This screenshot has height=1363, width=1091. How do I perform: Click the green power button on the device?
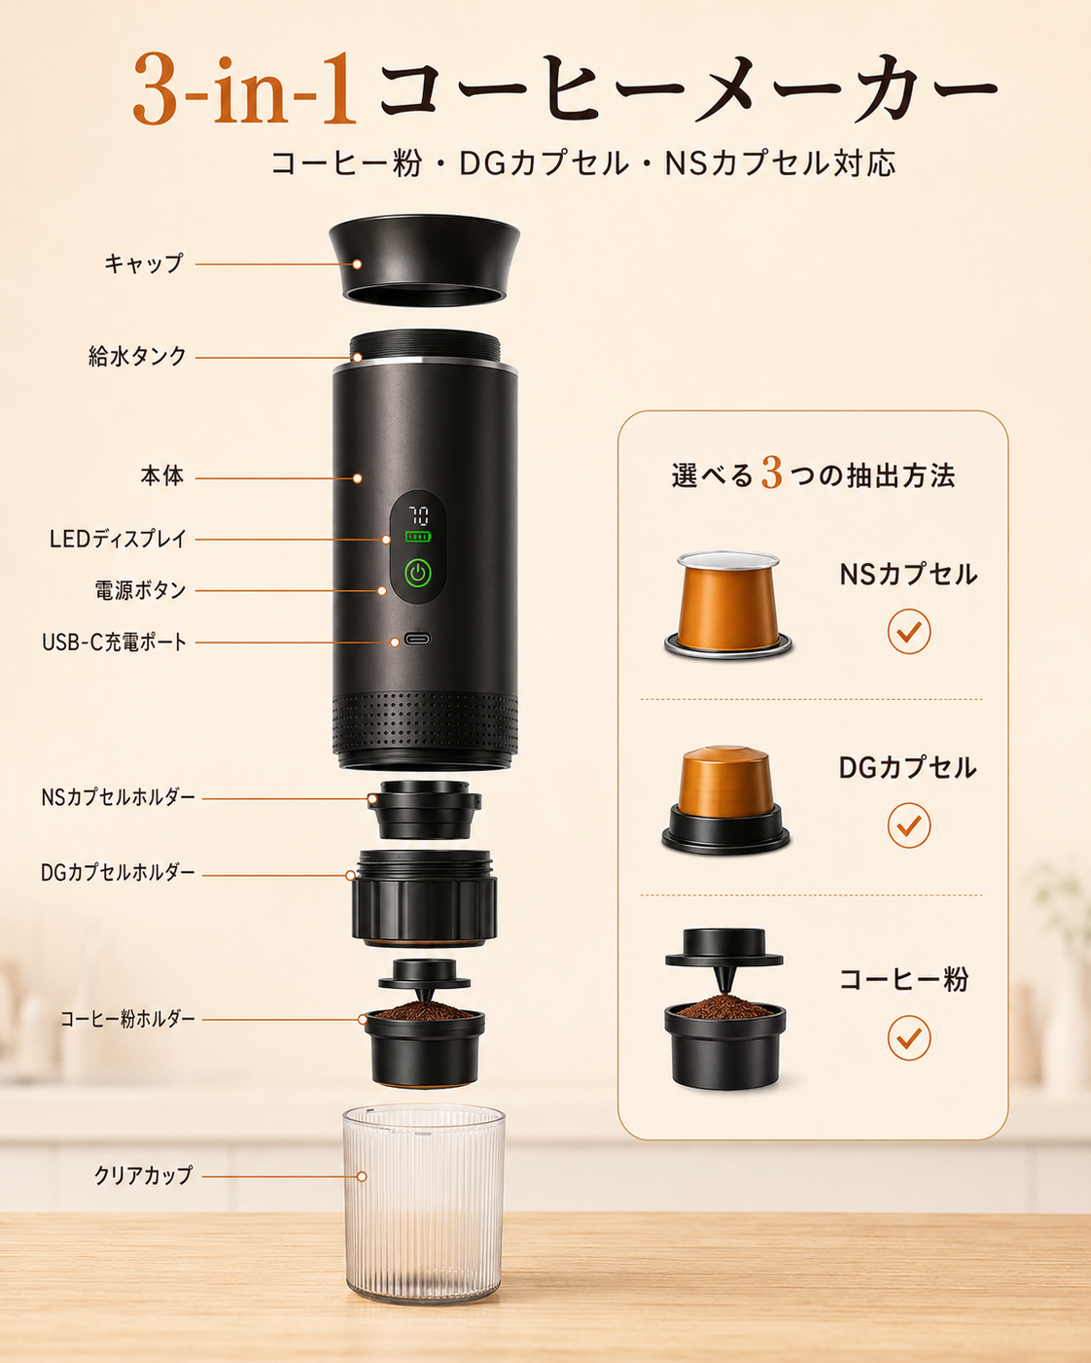pos(418,574)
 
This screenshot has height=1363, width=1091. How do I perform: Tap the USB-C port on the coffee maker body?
pos(417,639)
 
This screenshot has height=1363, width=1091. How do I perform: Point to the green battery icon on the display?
pos(418,537)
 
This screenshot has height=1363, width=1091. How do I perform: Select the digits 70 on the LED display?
pos(418,515)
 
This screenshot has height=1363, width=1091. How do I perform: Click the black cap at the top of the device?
pos(425,262)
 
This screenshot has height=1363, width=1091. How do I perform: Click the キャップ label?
pos(144,262)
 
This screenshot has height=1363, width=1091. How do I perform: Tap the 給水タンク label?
pos(137,356)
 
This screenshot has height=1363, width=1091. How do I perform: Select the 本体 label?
pos(162,475)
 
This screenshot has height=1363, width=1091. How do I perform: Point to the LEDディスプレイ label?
pos(118,539)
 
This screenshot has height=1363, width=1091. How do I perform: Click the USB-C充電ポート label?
pos(115,642)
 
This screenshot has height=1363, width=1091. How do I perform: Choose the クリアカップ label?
pos(143,1175)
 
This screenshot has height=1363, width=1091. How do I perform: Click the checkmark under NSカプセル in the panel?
pos(908,632)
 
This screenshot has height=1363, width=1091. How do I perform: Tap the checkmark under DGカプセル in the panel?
pos(908,825)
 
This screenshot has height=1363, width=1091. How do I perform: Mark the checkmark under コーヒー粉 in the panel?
pos(908,1037)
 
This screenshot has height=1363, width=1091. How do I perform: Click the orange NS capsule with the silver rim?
pos(728,605)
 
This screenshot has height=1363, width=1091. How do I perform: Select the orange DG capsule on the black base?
pos(726,800)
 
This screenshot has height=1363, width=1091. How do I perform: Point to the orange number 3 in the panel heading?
pos(772,473)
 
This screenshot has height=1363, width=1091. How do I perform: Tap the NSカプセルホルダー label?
pos(118,797)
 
